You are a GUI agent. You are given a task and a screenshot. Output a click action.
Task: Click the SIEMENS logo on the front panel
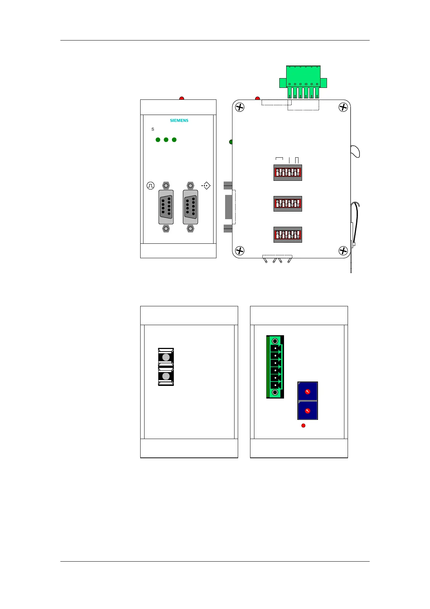[x=179, y=120]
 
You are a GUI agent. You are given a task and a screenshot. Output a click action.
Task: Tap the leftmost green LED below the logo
[x=158, y=140]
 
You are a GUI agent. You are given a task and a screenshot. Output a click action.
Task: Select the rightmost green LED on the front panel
[x=174, y=140]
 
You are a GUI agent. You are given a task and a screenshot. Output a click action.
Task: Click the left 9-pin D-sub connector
[x=166, y=207]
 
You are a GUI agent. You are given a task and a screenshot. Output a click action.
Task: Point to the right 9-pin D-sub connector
[x=190, y=207]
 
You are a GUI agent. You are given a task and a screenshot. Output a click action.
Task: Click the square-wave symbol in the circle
[x=150, y=186]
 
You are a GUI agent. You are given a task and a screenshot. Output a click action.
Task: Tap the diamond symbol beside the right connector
[x=206, y=186]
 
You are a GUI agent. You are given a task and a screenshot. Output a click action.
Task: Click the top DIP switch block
[x=288, y=173]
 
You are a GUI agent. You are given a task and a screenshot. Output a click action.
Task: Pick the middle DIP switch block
[x=288, y=204]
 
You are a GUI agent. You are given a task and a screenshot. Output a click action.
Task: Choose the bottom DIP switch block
[x=288, y=235]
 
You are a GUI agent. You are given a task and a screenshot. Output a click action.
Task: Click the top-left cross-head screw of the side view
[x=240, y=107]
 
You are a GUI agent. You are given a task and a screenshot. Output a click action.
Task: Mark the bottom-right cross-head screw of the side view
[x=343, y=251]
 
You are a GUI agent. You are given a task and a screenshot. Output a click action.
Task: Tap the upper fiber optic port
[x=166, y=357]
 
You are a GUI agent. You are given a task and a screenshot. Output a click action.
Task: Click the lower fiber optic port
[x=166, y=376]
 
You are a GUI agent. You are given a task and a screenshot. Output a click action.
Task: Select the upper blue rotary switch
[x=308, y=391]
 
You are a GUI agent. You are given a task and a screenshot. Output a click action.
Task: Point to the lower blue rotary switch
[x=308, y=410]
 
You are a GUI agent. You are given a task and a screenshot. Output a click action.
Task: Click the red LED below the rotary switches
[x=304, y=426]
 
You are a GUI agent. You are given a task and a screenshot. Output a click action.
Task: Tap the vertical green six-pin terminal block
[x=275, y=367]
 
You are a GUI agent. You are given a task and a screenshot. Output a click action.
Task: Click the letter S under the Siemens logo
[x=153, y=129]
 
